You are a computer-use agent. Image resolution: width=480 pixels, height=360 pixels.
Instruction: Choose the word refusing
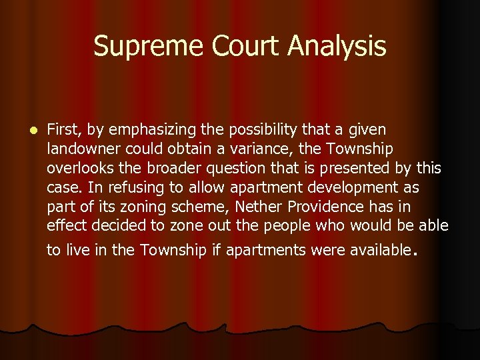click(x=134, y=187)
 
